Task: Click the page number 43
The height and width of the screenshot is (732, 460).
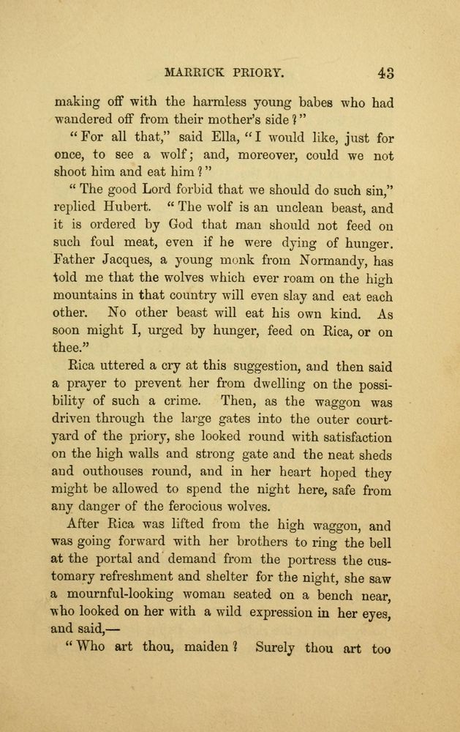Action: [386, 72]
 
